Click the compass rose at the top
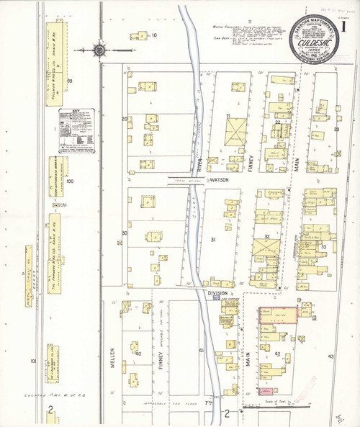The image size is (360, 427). [99, 50]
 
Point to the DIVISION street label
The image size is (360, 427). [217, 293]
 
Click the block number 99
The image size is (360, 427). [70, 81]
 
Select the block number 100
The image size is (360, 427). [70, 181]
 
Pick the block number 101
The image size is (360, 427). [33, 360]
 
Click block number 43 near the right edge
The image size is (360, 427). [330, 356]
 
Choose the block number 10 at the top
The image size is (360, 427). [153, 35]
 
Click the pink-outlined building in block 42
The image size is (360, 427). [278, 315]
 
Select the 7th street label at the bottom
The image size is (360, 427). [210, 402]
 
